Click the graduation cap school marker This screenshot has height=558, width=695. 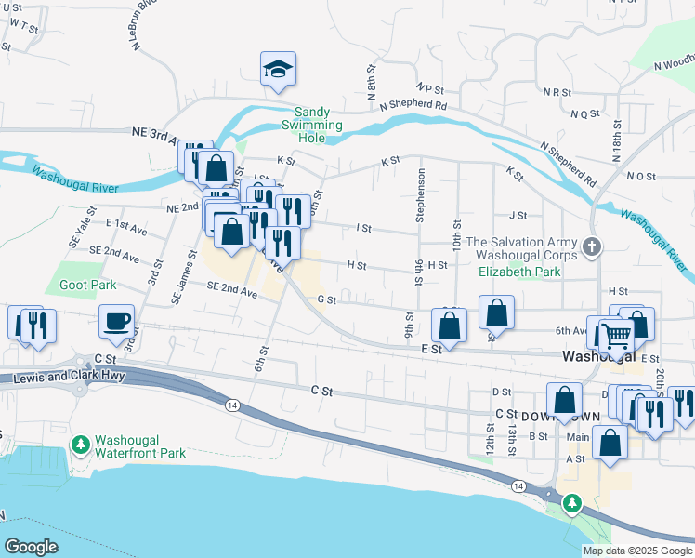277,70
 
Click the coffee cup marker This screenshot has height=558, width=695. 117,322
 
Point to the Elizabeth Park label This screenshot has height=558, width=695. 519,272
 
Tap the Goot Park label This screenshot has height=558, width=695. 87,286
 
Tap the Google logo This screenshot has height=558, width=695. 31,547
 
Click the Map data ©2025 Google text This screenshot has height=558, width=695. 637,551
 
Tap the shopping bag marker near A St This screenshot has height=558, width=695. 610,444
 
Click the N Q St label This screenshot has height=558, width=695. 585,114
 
